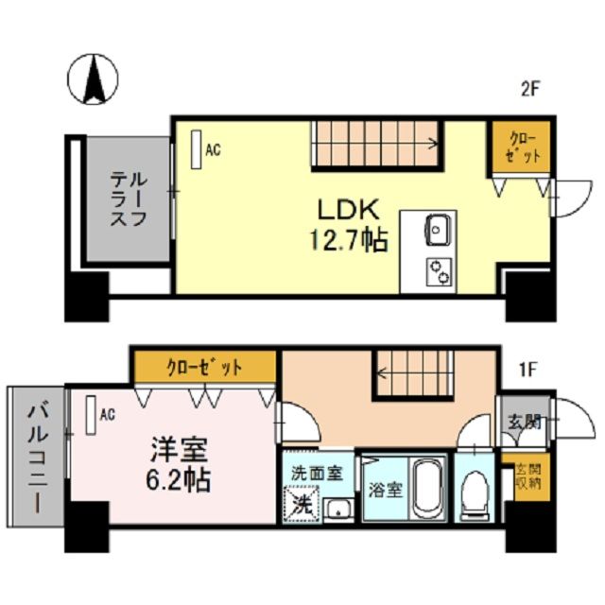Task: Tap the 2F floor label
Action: coord(529,91)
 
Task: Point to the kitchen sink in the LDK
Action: coord(439,229)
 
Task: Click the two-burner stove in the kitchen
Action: coord(439,271)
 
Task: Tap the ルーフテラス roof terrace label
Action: coord(126,199)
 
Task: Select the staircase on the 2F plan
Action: coord(374,144)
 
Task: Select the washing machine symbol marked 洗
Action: coord(302,503)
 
